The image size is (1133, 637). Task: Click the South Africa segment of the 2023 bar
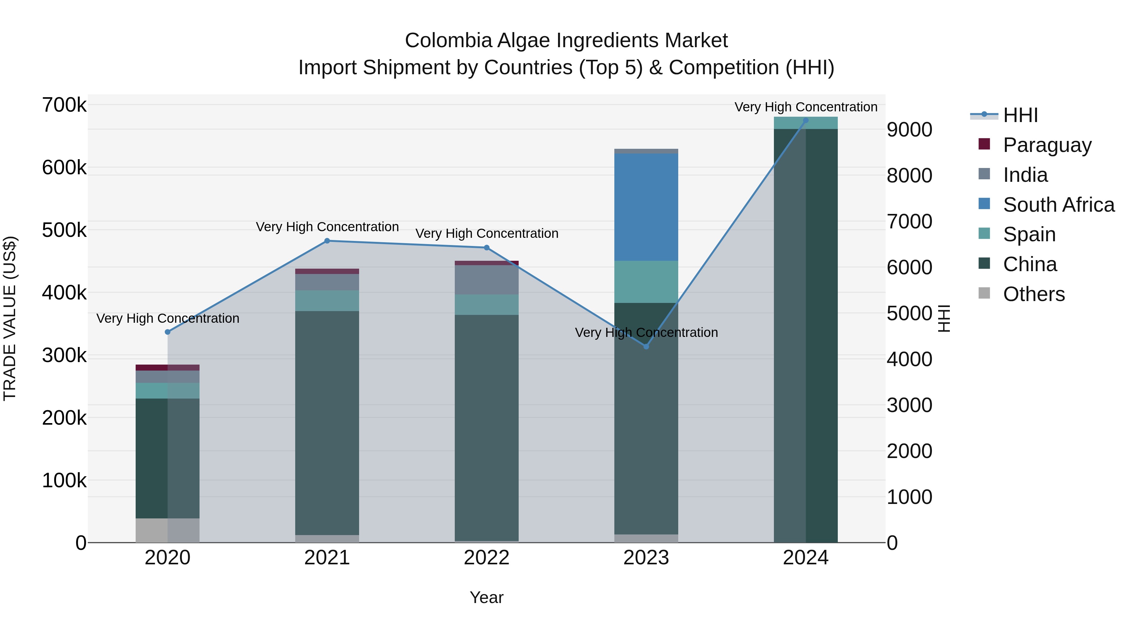pos(646,207)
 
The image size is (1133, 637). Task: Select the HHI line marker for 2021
pos(327,241)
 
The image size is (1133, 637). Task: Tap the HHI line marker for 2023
pos(646,346)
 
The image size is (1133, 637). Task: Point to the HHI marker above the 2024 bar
pos(805,120)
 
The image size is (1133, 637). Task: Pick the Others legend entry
pos(1034,294)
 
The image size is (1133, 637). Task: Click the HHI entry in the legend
pos(1020,115)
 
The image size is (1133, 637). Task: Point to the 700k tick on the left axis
pos(64,105)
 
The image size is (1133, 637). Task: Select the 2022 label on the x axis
pos(487,558)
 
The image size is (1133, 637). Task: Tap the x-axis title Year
pos(487,597)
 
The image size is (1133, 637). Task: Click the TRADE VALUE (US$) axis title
pos(10,318)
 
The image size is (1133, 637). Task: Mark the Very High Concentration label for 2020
pos(167,318)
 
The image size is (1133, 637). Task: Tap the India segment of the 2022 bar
pos(487,280)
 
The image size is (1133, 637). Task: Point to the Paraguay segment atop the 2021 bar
pos(327,271)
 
